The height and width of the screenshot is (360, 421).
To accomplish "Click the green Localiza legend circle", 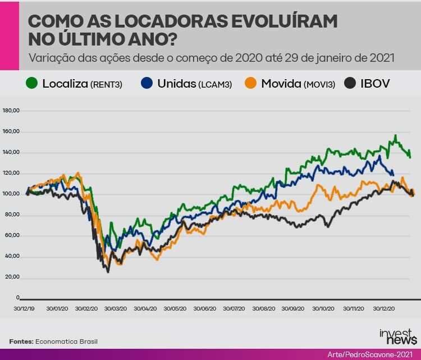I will (32, 84).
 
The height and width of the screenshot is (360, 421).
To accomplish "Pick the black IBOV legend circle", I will (350, 84).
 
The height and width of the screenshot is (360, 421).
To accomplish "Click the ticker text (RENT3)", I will (107, 84).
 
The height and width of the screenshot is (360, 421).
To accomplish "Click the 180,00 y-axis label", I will (11, 111).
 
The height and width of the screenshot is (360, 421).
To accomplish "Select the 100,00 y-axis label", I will (11, 194).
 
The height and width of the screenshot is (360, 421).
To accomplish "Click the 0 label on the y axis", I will (18, 298).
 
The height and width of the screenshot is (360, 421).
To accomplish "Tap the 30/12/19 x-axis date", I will (24, 308).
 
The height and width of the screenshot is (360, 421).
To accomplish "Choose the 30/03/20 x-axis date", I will (115, 308).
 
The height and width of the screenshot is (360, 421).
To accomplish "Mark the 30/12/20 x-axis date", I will (384, 308).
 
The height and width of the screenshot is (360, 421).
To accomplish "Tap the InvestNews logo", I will (397, 337).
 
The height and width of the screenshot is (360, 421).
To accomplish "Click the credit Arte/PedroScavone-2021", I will (372, 354).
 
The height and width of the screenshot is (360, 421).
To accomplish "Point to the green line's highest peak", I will (395, 135).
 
